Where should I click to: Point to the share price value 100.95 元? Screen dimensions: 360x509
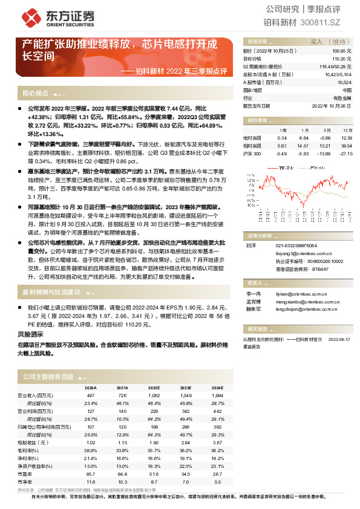(x=342, y=52)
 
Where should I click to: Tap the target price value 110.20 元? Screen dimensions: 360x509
(x=342, y=59)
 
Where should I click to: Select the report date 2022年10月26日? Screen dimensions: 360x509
(x=333, y=105)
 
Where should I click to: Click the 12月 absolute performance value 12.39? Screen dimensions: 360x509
(x=346, y=138)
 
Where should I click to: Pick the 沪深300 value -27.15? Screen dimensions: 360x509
(x=345, y=154)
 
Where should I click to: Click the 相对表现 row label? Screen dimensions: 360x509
(x=252, y=146)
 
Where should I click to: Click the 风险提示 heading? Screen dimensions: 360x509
(x=31, y=334)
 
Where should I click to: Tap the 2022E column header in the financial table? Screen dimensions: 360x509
(x=154, y=388)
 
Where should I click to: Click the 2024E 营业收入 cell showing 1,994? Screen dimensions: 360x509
(x=217, y=395)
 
